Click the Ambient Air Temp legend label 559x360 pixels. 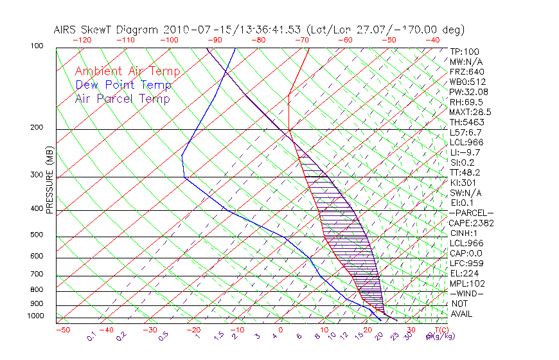[127, 72]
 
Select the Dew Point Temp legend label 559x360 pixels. [123, 85]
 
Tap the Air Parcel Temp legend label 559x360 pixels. [122, 99]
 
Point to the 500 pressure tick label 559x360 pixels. [37, 235]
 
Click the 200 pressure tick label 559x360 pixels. [37, 128]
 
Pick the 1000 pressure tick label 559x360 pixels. [35, 316]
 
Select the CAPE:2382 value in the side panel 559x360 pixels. [470, 223]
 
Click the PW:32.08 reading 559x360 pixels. [468, 92]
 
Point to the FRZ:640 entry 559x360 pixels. [467, 72]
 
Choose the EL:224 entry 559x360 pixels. [464, 273]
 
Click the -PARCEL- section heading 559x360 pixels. [471, 213]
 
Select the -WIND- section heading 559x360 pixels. [466, 294]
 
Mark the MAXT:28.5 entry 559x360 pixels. [470, 113]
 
